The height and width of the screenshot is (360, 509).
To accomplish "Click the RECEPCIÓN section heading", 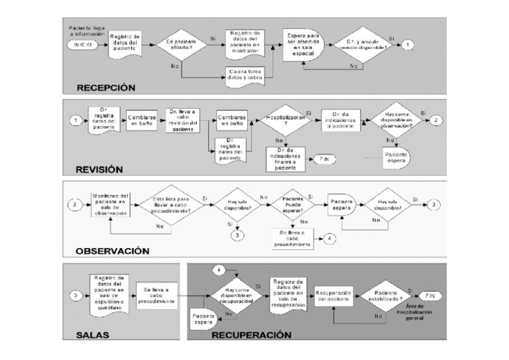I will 105,87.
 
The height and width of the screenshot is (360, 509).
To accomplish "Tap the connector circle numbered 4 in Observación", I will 330,239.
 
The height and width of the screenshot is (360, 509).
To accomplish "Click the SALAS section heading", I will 92,335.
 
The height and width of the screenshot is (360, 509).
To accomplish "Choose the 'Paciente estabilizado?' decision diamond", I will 384,295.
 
